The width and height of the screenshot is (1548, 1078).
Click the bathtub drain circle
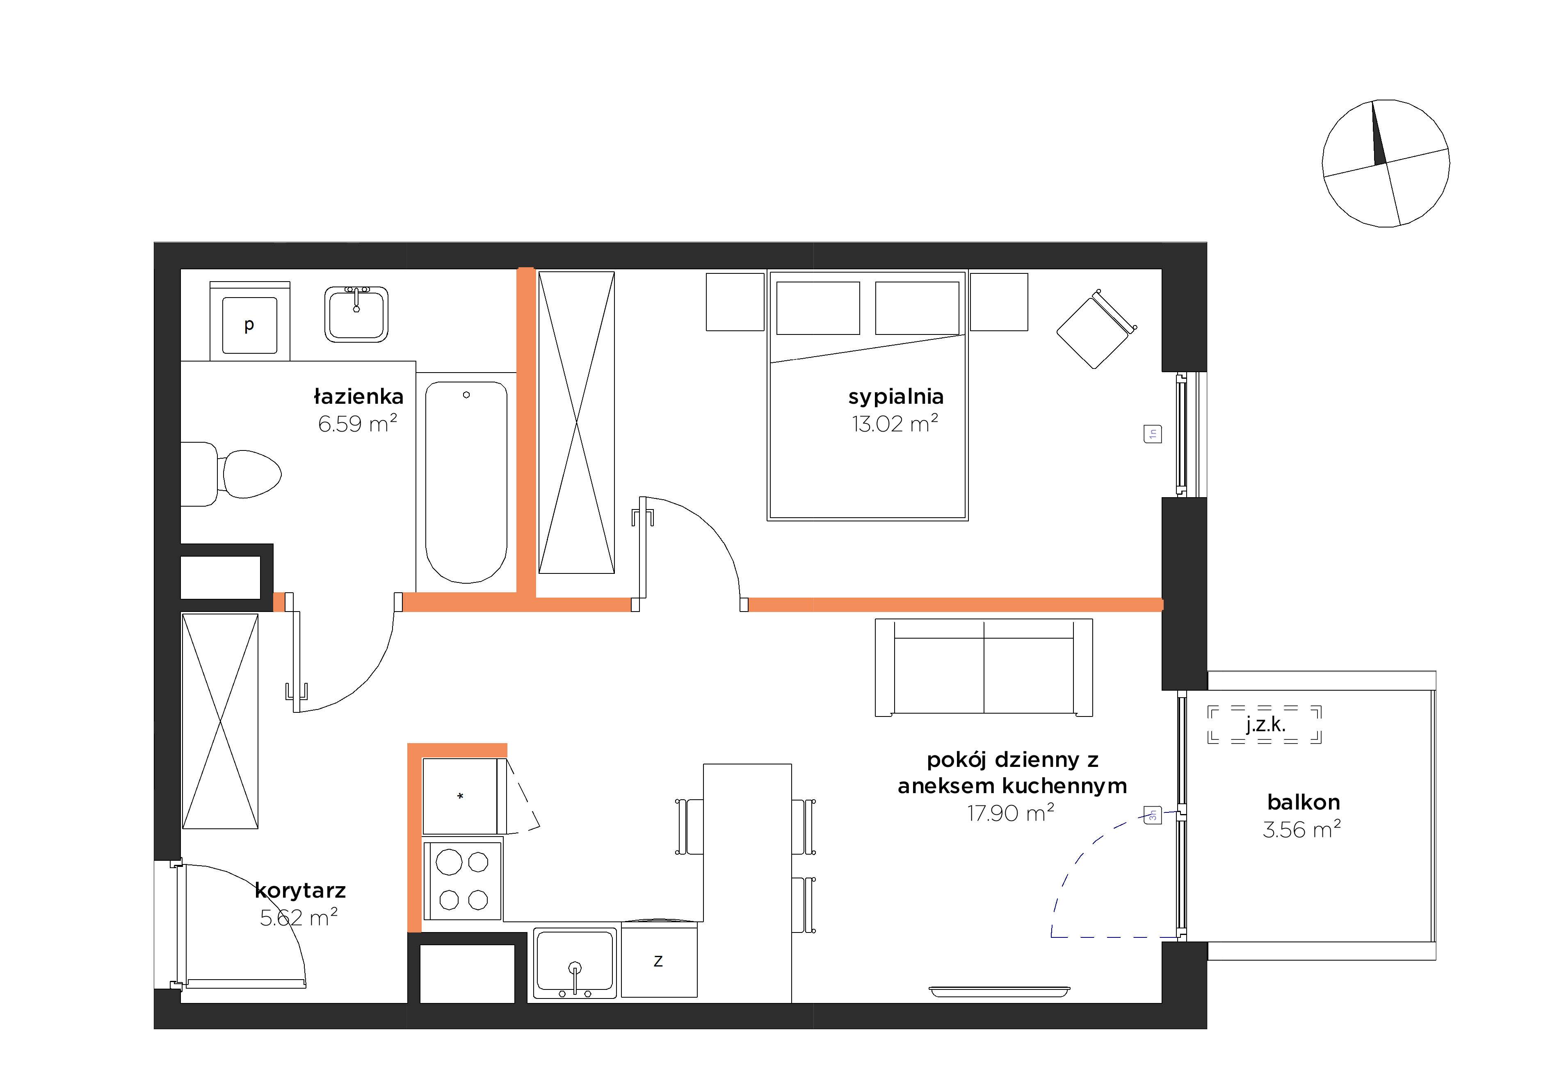click(x=466, y=395)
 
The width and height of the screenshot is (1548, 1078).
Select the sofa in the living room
click(x=984, y=667)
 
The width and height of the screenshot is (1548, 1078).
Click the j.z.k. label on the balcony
click(x=1265, y=725)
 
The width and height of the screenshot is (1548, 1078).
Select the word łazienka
click(x=358, y=396)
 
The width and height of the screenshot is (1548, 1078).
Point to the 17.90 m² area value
click(x=1011, y=813)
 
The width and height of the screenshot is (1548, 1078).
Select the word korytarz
click(x=301, y=891)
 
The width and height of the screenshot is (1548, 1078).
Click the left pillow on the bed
click(x=818, y=308)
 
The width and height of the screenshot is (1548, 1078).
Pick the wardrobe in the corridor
click(x=220, y=721)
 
